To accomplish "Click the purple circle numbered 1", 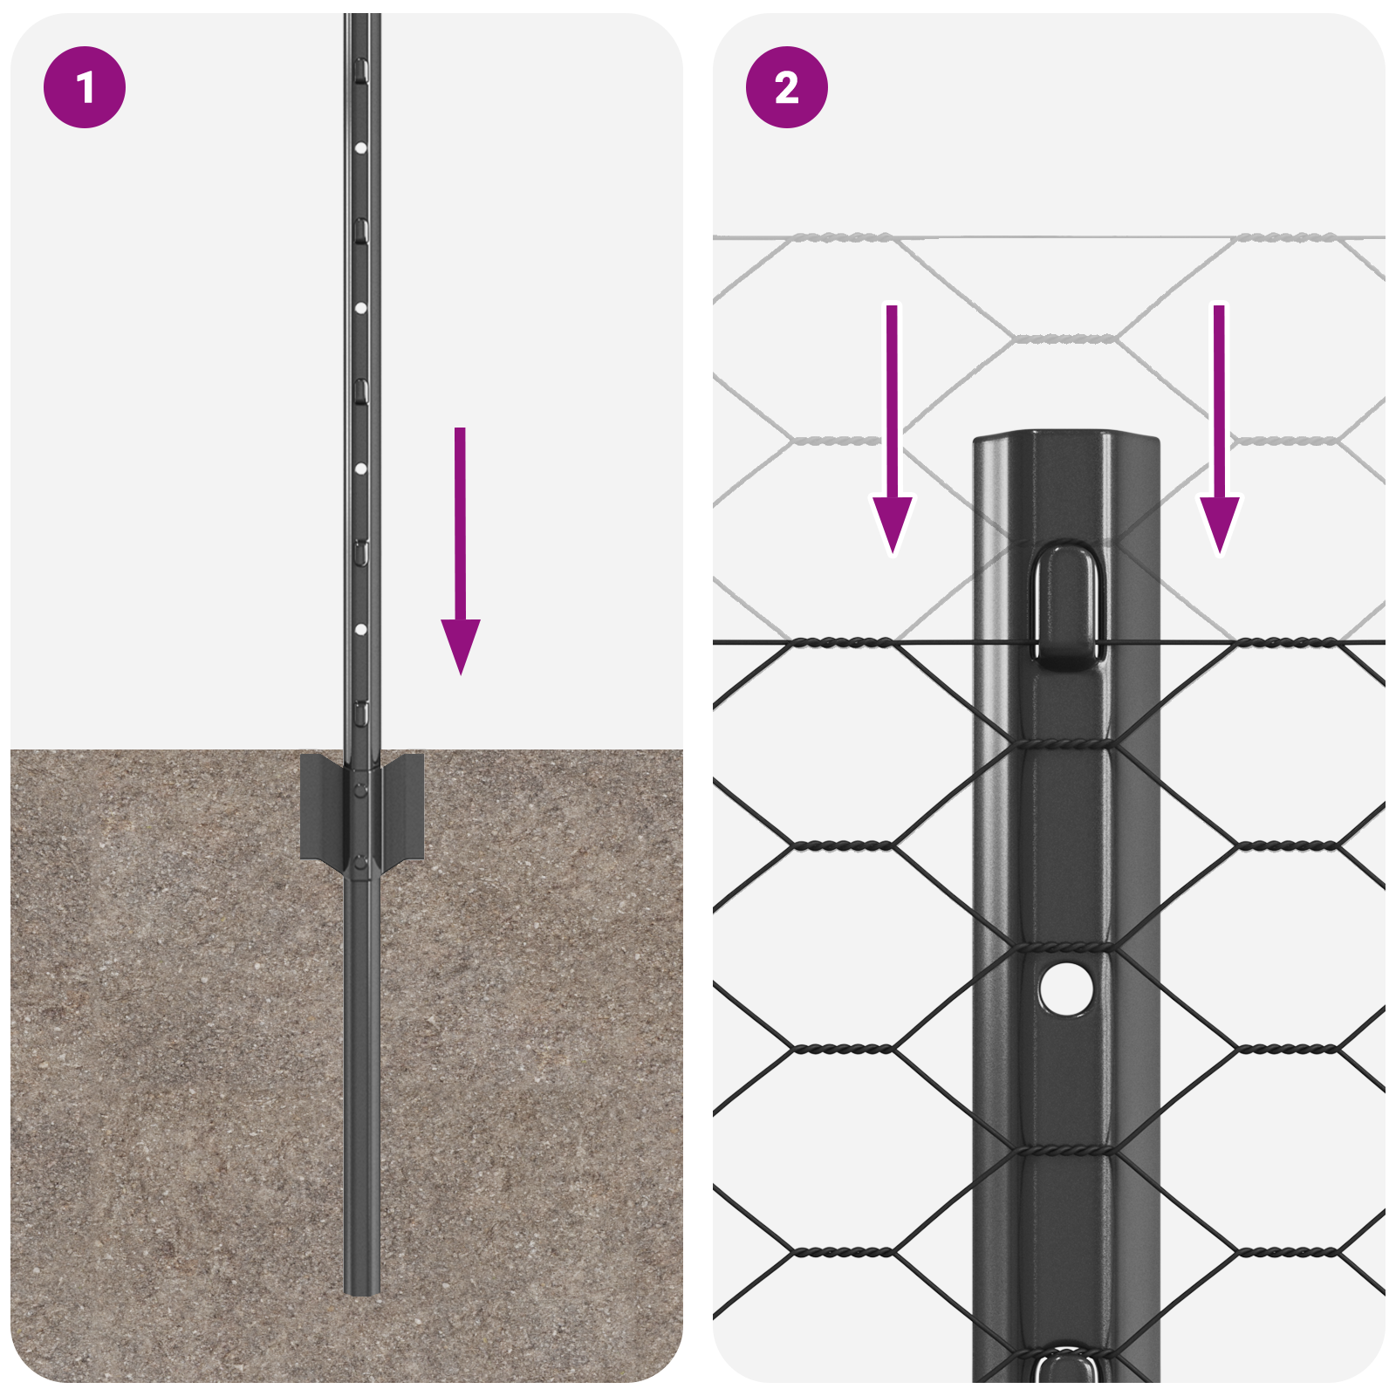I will coord(85,87).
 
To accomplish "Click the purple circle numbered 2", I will coord(786,87).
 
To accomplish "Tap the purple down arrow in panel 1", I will coord(460,558).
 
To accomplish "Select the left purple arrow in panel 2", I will coord(892,436).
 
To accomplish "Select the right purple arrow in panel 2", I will coord(1219,436).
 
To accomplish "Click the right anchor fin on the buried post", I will coord(403,808).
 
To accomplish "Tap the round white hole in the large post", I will coord(1065,989).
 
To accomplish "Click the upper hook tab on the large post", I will coord(1066,606).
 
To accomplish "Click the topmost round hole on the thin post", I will coord(360,148).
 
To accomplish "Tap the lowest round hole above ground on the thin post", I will coord(360,629).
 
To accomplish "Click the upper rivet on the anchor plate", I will coord(360,790).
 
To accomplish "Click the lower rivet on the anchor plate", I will coord(360,863).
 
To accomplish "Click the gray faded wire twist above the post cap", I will coord(1064,338).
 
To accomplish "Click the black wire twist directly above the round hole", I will coord(1064,948).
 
